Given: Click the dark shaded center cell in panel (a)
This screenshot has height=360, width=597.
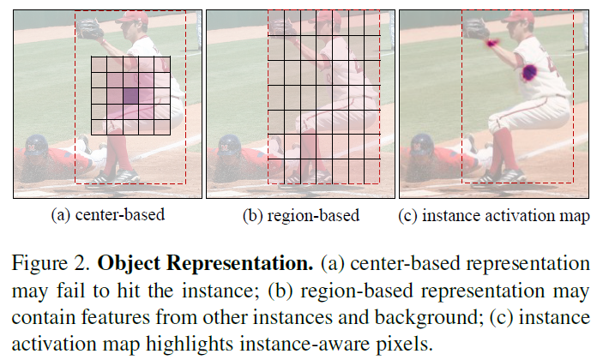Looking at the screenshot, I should point(130,96).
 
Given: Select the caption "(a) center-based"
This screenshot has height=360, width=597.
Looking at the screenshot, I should point(108,214).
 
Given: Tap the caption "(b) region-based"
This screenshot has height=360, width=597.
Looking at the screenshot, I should point(300,214).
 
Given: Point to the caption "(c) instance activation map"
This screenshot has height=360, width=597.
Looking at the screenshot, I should point(495,214).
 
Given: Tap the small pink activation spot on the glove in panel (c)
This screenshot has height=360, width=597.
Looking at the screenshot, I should point(491,41).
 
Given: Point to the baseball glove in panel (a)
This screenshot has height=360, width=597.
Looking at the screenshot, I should point(89,30).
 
